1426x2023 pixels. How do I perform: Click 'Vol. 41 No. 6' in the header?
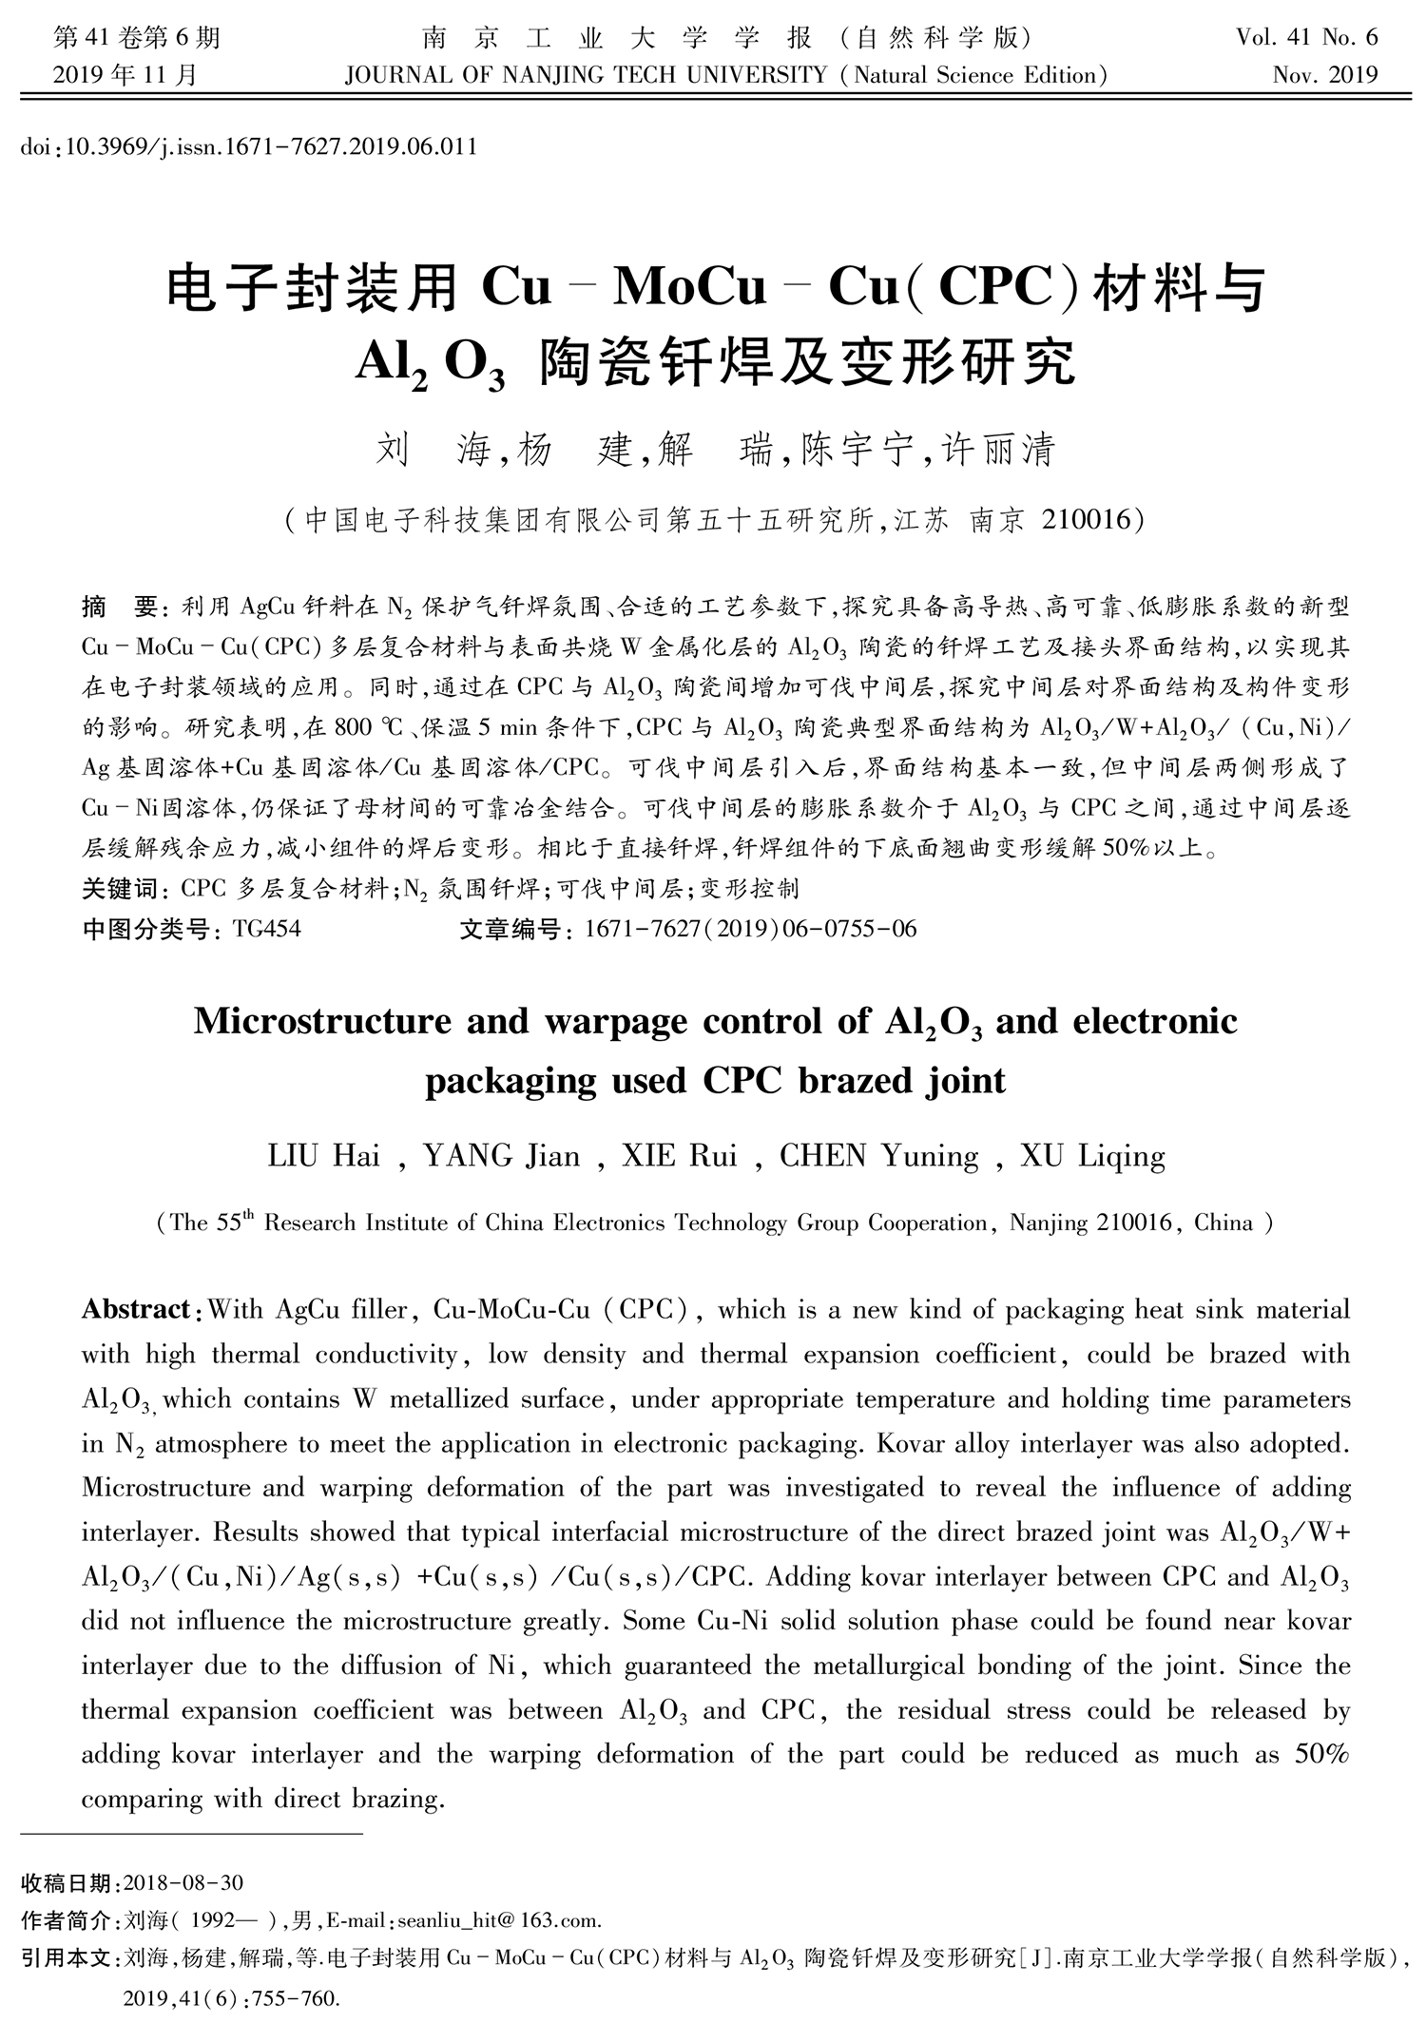pyautogui.click(x=1306, y=38)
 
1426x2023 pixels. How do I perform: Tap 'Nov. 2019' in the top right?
pyautogui.click(x=1324, y=75)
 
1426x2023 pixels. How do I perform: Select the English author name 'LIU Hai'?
pyautogui.click(x=324, y=1156)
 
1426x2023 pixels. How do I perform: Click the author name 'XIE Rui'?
pyautogui.click(x=679, y=1156)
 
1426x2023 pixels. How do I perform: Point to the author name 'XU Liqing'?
pyautogui.click(x=1092, y=1156)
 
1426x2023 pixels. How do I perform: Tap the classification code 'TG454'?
pyautogui.click(x=266, y=928)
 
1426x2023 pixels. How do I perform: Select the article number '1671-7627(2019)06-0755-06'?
pyautogui.click(x=751, y=928)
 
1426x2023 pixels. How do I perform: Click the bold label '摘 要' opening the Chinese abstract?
pyautogui.click(x=124, y=607)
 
